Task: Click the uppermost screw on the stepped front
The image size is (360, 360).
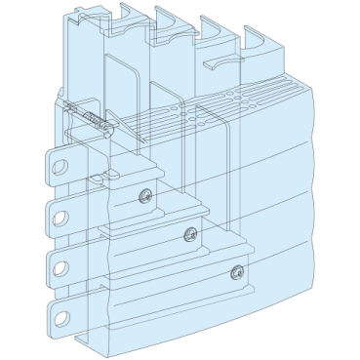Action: tap(144, 192)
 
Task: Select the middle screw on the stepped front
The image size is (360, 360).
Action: tap(188, 231)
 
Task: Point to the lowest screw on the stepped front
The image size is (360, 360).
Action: tap(235, 272)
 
